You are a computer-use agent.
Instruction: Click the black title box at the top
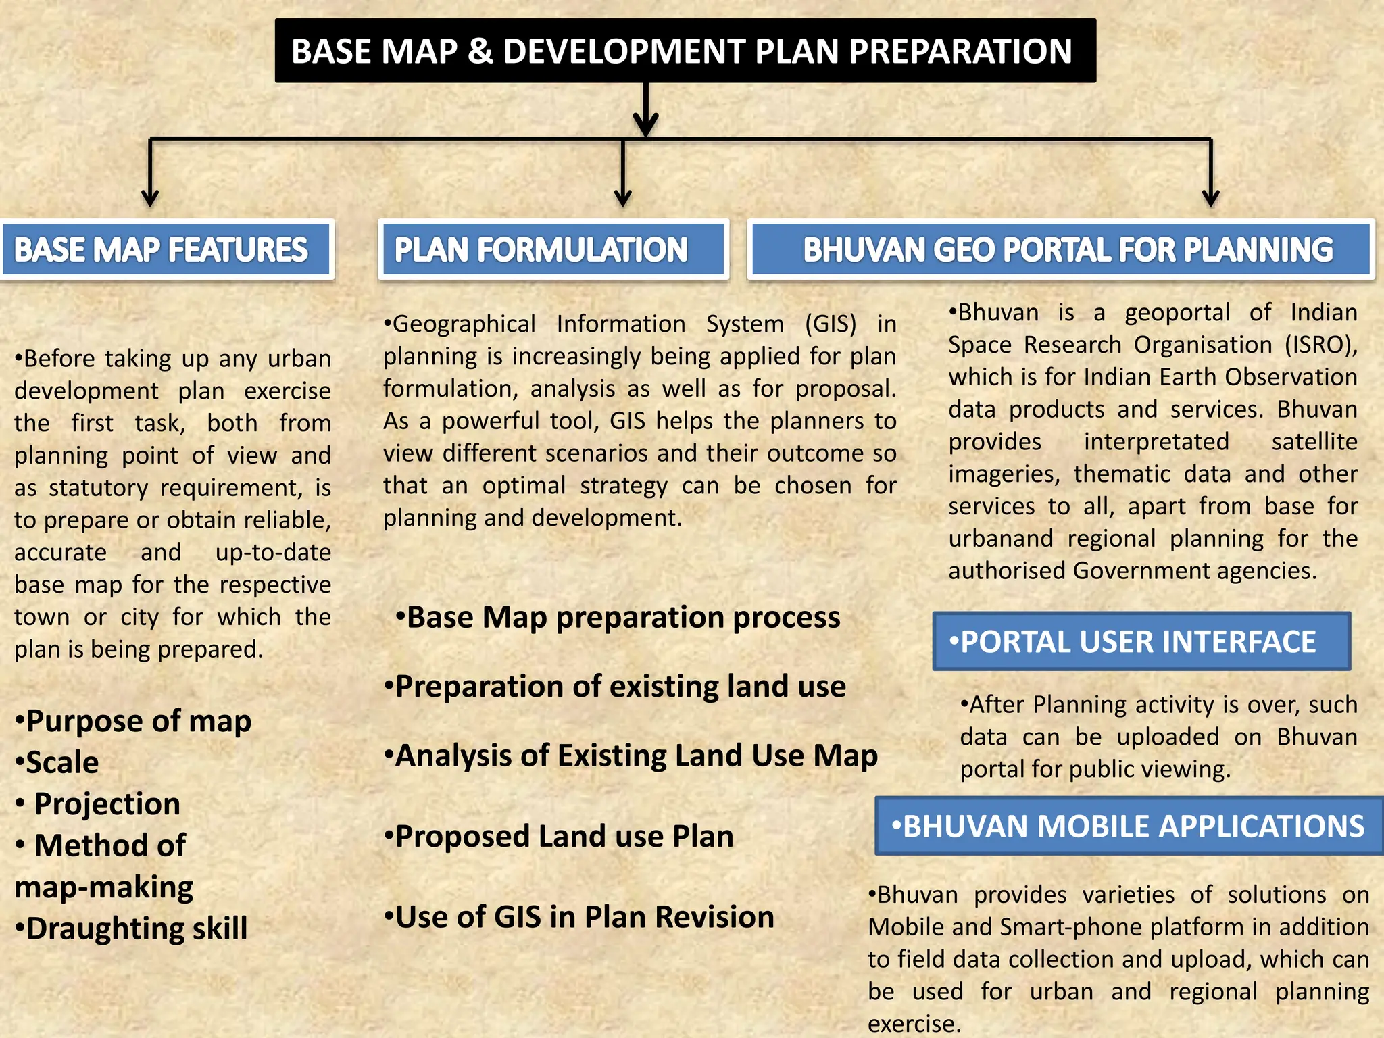[x=685, y=51]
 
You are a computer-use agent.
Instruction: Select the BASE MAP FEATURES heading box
[x=167, y=249]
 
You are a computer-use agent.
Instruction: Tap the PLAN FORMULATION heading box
[x=553, y=249]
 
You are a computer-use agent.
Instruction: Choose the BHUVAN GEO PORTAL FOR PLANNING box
[x=1061, y=249]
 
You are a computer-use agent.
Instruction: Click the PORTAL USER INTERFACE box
[x=1141, y=641]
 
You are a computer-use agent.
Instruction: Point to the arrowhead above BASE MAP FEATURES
[x=150, y=198]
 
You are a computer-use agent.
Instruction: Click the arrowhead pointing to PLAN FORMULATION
[x=622, y=198]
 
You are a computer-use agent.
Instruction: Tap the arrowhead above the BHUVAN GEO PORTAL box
[x=1211, y=198]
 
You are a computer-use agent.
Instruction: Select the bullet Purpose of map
[x=133, y=721]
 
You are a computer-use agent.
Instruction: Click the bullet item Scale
[x=57, y=762]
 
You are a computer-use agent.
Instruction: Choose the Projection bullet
[x=98, y=804]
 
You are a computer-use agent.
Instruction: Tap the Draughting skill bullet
[x=131, y=929]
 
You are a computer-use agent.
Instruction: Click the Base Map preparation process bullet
[x=618, y=617]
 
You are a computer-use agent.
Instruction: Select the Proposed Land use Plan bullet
[x=559, y=836]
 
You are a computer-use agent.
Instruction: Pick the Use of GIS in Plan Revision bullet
[x=579, y=917]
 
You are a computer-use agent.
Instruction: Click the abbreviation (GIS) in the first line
[x=831, y=324]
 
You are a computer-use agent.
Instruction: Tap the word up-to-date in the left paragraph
[x=273, y=552]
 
